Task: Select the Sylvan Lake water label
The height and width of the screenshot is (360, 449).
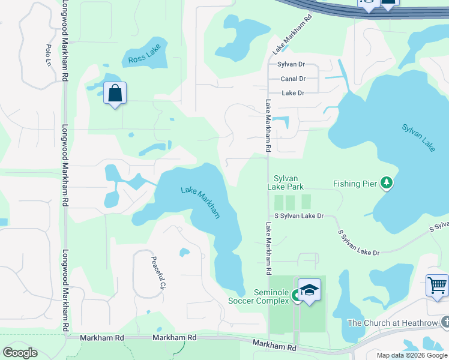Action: coord(418,137)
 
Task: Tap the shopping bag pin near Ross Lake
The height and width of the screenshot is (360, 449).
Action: coord(115,94)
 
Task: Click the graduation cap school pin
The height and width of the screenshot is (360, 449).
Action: coord(309,290)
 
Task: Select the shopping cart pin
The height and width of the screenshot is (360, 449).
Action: coord(437,285)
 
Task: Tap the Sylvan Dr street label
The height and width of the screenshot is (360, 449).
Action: coord(291,64)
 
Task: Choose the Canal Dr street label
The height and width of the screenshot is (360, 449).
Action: coord(293,79)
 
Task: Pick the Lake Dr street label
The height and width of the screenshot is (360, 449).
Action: coord(293,93)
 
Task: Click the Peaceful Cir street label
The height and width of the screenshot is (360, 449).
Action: coord(158,273)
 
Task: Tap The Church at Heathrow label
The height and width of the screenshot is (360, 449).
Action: coord(393,323)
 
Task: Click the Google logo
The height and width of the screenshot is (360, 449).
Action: coord(20,353)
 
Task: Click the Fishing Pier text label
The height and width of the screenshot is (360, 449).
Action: coord(356,182)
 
